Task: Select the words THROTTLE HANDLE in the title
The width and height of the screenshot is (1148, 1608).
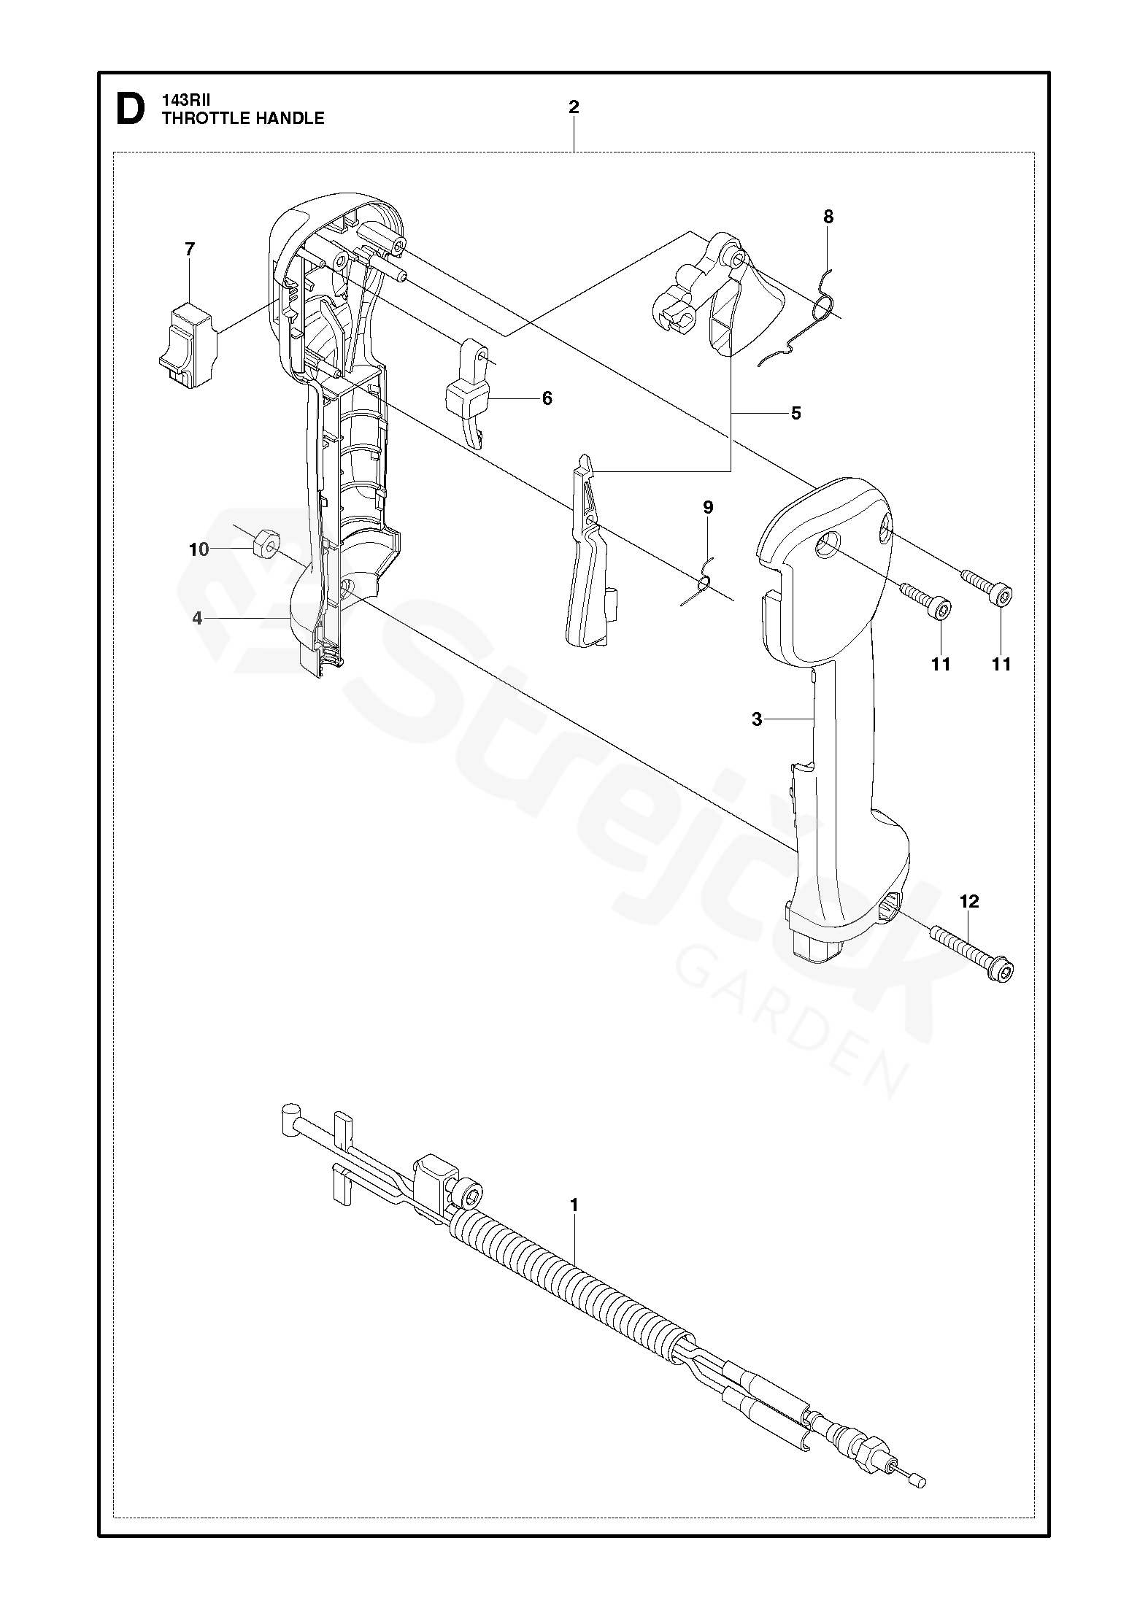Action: pos(243,119)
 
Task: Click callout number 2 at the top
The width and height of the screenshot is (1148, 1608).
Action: pos(574,107)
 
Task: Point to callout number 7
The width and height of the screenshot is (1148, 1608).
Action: pos(190,250)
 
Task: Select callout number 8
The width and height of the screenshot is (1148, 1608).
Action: pos(828,217)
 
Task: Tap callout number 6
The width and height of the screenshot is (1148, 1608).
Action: pos(547,398)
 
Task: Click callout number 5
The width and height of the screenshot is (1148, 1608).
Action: pos(795,413)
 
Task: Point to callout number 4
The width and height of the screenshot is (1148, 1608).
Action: pos(197,618)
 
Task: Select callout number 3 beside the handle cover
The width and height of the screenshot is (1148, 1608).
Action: pos(757,719)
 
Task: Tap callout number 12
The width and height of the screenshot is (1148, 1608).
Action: pos(969,902)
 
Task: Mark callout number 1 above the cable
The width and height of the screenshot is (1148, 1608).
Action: pos(574,1205)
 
